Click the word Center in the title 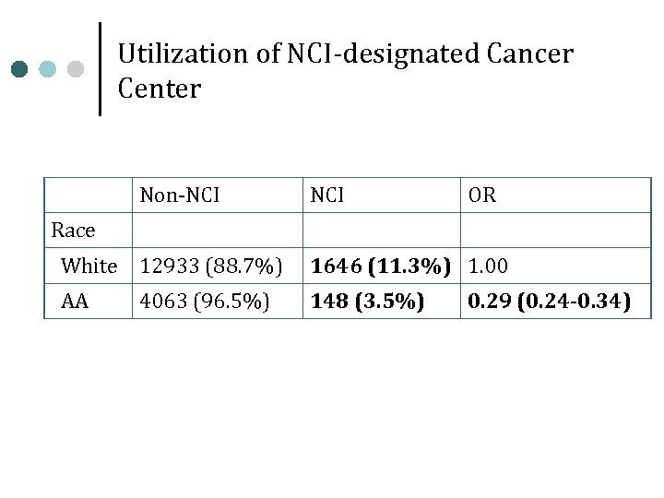160,89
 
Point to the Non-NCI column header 180,196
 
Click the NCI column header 327,196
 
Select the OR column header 482,196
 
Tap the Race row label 73,231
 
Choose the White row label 89,267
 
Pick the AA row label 75,302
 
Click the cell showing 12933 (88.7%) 211,267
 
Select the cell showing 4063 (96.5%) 206,302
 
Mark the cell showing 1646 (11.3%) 381,267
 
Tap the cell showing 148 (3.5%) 368,302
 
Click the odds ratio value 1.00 489,267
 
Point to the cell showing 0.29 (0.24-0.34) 550,302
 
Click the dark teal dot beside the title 21,69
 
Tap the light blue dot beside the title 48,69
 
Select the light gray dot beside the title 76,69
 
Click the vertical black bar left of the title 100,68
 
